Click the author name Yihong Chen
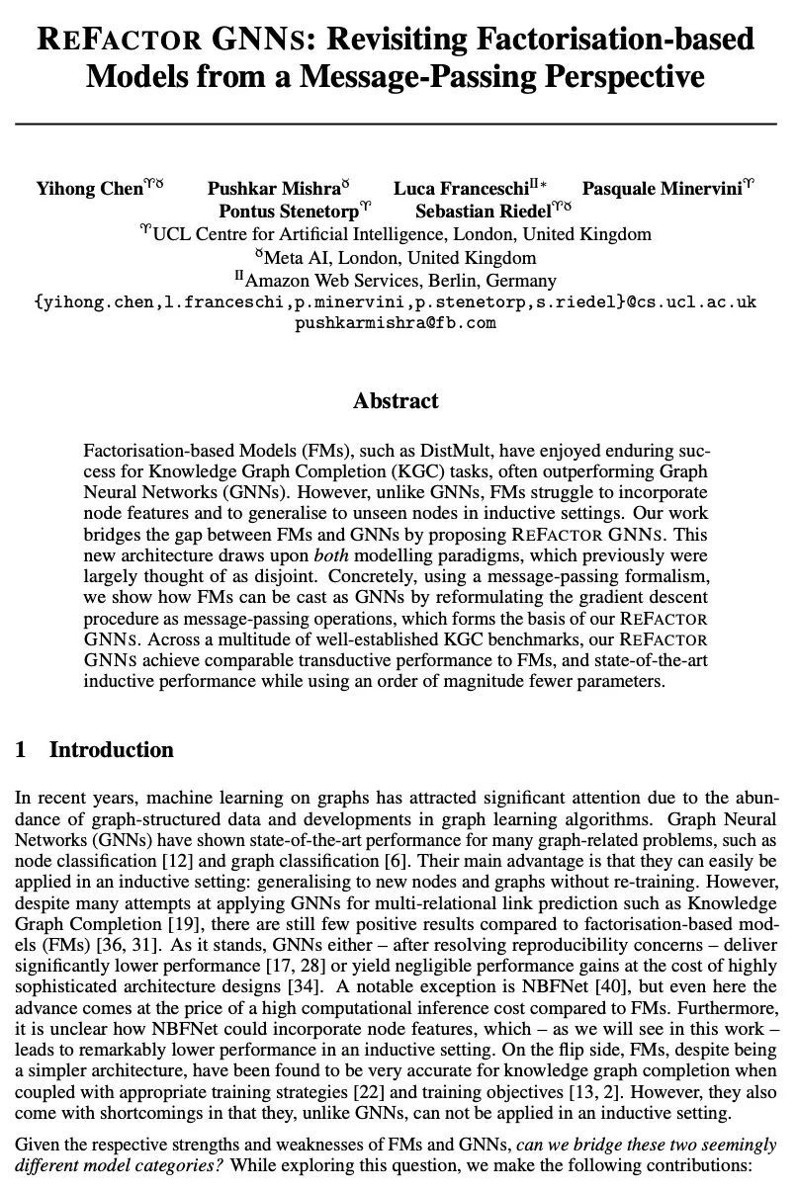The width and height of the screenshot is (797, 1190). pyautogui.click(x=90, y=189)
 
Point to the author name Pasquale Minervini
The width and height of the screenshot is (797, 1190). pyautogui.click(x=662, y=189)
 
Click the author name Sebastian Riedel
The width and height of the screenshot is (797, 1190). pyautogui.click(x=483, y=212)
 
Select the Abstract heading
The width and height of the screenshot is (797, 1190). pyautogui.click(x=396, y=401)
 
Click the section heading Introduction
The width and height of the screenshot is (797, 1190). pyautogui.click(x=111, y=750)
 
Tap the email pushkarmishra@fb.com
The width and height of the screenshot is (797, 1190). pyautogui.click(x=396, y=323)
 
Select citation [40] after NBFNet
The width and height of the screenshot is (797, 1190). pyautogui.click(x=624, y=986)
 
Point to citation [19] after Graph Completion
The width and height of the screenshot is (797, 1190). pyautogui.click(x=150, y=923)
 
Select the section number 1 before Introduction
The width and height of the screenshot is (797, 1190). pyautogui.click(x=21, y=750)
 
